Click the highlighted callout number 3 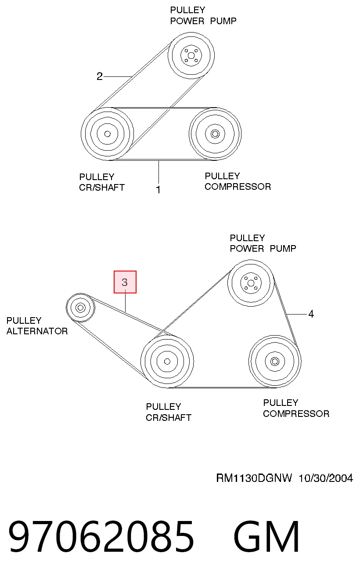point(125,282)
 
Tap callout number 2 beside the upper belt point(99,76)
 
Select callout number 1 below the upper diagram point(158,189)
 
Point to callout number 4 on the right point(311,314)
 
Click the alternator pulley point(80,307)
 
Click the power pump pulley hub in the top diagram point(191,55)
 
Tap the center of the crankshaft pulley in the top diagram point(108,134)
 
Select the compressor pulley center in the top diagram point(215,134)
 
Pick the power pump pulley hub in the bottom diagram point(251,283)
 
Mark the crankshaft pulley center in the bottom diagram point(167,362)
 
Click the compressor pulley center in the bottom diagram point(275,362)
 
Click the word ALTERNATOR point(37,331)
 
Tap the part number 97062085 point(101,536)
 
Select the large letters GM point(266,536)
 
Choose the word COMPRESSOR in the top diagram point(238,187)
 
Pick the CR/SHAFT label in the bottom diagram point(169,417)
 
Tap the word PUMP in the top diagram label point(223,21)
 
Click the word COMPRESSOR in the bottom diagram point(296,414)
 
